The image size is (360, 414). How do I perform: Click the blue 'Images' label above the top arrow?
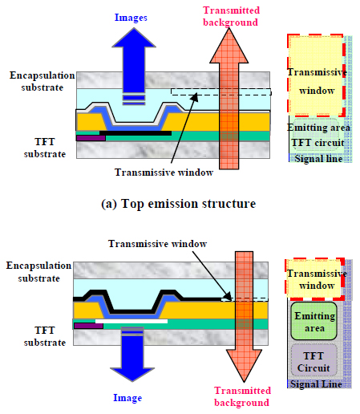click(131, 18)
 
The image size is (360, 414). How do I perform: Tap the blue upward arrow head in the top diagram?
click(134, 38)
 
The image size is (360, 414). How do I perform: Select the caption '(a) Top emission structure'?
click(179, 204)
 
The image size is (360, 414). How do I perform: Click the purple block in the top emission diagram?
click(91, 138)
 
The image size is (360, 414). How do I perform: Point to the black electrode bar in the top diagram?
click(136, 133)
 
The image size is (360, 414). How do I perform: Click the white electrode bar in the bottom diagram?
click(131, 321)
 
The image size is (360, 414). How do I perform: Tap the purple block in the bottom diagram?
click(88, 326)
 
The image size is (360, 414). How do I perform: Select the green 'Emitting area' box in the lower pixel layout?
click(313, 321)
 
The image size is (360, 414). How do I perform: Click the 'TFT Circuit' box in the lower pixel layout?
click(313, 360)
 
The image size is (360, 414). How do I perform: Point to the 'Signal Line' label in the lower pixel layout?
click(316, 384)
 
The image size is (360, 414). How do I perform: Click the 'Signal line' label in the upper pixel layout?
click(318, 159)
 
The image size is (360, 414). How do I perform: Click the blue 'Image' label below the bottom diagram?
click(127, 398)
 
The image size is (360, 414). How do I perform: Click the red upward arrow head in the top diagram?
click(229, 46)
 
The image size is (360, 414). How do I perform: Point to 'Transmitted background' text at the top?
click(231, 16)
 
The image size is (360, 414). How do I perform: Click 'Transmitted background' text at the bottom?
click(242, 396)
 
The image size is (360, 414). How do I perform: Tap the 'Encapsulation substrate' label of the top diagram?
click(42, 81)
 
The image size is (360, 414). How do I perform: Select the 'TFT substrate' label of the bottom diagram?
click(45, 336)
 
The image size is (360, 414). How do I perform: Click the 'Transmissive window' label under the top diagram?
click(164, 172)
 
